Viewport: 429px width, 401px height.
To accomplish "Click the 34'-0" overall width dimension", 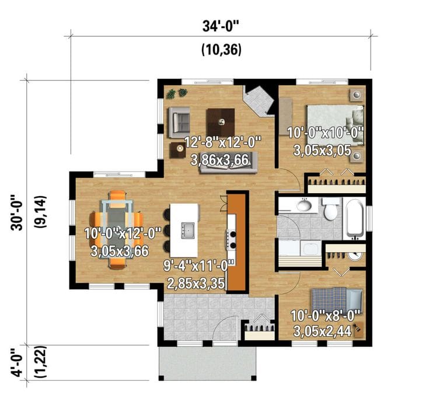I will point(221,26).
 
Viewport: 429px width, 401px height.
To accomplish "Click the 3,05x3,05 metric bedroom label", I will point(322,151).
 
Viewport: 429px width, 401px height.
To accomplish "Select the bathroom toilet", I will point(331,208).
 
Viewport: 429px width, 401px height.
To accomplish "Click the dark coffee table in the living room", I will point(221,122).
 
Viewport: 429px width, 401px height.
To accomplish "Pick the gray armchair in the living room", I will point(180,119).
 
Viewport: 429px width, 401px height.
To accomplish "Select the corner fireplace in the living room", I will point(259,100).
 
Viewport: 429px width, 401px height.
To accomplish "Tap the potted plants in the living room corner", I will point(176,93).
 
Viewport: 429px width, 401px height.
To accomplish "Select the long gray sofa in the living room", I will point(233,168).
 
